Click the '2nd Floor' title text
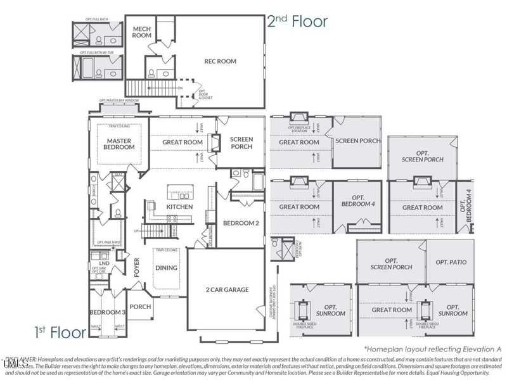pyautogui.click(x=297, y=21)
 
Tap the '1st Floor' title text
pyautogui.click(x=55, y=331)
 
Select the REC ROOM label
pyautogui.click(x=220, y=61)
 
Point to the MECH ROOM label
pyautogui.click(x=141, y=32)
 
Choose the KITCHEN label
pyautogui.click(x=179, y=207)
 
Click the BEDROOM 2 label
pyautogui.click(x=241, y=223)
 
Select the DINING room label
pyautogui.click(x=167, y=268)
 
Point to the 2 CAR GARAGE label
pyautogui.click(x=226, y=289)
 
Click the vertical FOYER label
pyautogui.click(x=136, y=269)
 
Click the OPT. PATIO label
pyautogui.click(x=450, y=262)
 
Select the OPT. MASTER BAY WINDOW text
pyautogui.click(x=119, y=101)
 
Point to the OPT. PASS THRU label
pyautogui.click(x=108, y=243)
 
